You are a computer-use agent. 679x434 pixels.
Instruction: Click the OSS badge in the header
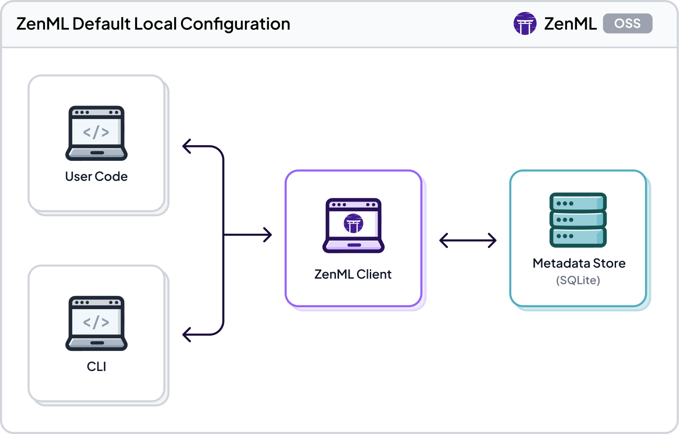627,23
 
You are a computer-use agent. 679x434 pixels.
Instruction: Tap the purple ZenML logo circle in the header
525,23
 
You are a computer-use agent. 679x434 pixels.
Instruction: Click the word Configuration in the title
235,24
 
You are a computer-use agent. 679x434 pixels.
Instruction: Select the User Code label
96,177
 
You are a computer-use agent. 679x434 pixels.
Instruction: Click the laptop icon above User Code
96,133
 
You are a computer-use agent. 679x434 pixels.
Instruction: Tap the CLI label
96,366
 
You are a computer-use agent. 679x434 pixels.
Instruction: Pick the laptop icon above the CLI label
96,323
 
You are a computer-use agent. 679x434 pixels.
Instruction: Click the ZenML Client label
353,274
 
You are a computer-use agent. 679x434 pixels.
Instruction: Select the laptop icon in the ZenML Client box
353,225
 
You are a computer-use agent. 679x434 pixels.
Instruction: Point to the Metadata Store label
579,263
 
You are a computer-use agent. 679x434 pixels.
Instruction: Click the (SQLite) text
578,280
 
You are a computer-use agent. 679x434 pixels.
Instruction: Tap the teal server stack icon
578,220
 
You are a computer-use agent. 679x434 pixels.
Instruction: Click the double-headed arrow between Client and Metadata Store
468,240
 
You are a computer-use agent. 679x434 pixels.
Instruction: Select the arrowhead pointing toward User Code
187,147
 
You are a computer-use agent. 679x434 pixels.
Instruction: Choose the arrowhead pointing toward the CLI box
187,334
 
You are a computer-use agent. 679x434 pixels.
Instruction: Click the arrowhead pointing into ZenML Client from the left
267,235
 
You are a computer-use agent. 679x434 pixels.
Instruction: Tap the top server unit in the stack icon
578,203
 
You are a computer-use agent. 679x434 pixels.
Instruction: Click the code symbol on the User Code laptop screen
96,132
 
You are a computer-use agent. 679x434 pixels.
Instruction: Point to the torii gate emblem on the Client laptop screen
353,224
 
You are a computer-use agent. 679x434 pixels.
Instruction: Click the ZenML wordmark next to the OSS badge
570,24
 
